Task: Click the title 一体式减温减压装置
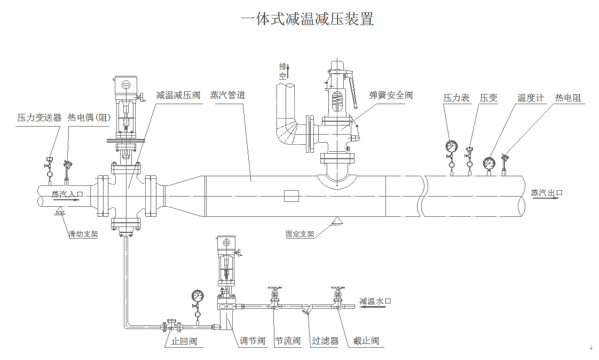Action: (x=307, y=20)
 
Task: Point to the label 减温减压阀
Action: (x=178, y=96)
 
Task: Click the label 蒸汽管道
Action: (x=227, y=96)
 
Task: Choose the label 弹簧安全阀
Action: (x=391, y=96)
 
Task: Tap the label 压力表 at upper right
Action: (x=456, y=98)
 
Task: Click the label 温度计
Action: (x=530, y=98)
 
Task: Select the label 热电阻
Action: (x=568, y=98)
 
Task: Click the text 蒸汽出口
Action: (x=547, y=193)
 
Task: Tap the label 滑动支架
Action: (x=83, y=234)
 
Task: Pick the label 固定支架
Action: (x=299, y=234)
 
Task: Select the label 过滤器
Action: (x=325, y=341)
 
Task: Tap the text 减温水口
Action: (x=376, y=301)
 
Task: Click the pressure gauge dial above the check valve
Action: (x=198, y=295)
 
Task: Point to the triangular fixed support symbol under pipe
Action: (x=337, y=221)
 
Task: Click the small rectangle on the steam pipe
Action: (x=291, y=196)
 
